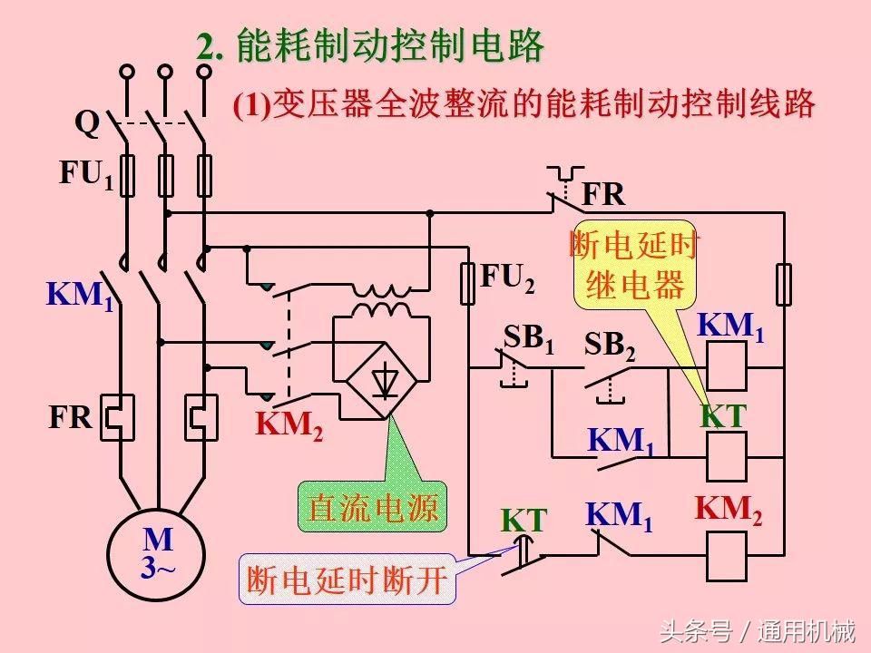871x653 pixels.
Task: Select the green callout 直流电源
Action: (x=373, y=506)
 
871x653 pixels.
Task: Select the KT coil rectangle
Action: (x=726, y=456)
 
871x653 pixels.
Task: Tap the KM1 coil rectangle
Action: (x=726, y=368)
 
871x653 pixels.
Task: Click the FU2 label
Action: (x=507, y=279)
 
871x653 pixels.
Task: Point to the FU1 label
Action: (x=86, y=174)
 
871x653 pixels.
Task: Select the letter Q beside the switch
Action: (x=86, y=122)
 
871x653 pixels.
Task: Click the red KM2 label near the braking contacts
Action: (x=289, y=424)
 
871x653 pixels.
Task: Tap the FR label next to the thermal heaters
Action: (x=71, y=418)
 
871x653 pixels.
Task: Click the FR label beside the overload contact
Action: (x=603, y=194)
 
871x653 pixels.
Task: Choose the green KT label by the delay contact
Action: (x=524, y=521)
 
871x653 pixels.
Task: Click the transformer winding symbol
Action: (x=381, y=300)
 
